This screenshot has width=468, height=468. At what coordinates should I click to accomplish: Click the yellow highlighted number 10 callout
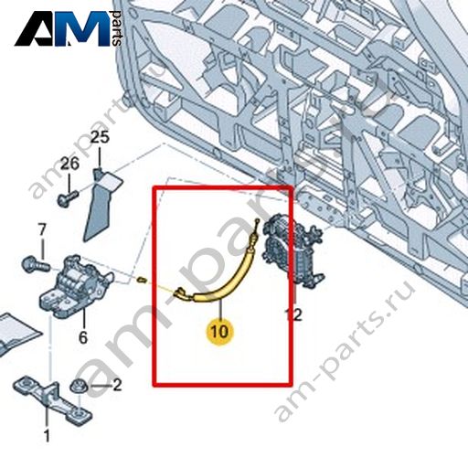pos(219,331)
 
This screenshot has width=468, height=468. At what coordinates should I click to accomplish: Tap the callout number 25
pos(101,137)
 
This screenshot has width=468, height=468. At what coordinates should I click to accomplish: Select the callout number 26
pos(69,164)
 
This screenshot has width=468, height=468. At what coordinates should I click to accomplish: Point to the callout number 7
pos(42,229)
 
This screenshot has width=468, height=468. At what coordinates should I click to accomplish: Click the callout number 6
pos(83,337)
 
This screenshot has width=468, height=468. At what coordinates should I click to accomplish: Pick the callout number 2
pos(117,385)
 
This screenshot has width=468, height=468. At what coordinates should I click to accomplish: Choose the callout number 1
pos(47,436)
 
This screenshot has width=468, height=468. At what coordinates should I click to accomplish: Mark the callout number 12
pos(293,314)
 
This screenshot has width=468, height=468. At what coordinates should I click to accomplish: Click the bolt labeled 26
pos(68,197)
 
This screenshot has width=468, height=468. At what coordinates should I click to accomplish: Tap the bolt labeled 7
pos(36,264)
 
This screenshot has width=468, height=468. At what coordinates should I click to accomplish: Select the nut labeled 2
pos(79,388)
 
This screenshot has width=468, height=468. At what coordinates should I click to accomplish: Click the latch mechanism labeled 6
pos(76,285)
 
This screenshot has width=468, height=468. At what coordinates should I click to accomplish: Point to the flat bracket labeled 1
pos(52,401)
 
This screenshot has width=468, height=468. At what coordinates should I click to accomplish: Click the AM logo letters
pos(62,29)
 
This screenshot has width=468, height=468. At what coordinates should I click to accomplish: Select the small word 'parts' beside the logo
pos(117,28)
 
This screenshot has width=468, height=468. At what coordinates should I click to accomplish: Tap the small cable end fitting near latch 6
pos(142,279)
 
